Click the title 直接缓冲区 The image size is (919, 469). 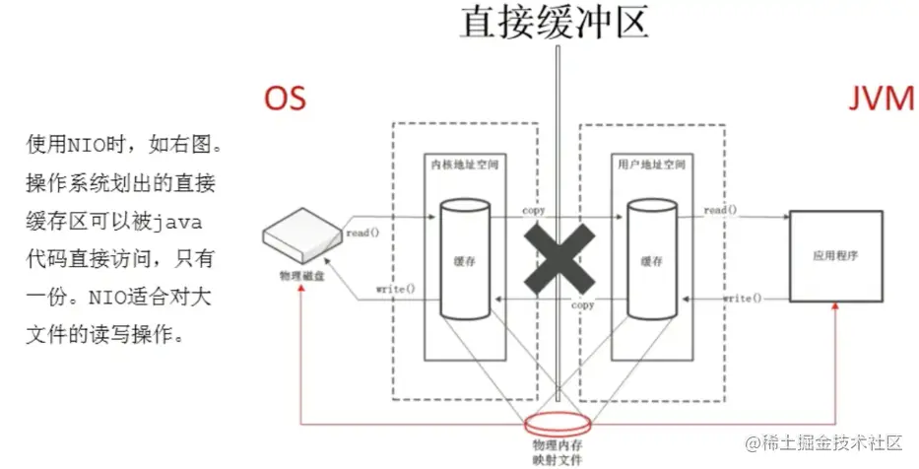556,22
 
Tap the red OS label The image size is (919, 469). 284,98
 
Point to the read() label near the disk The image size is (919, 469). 363,233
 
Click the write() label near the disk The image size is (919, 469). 395,290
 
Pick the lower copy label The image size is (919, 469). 583,306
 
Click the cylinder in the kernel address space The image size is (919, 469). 464,260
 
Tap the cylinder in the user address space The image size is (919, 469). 651,260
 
